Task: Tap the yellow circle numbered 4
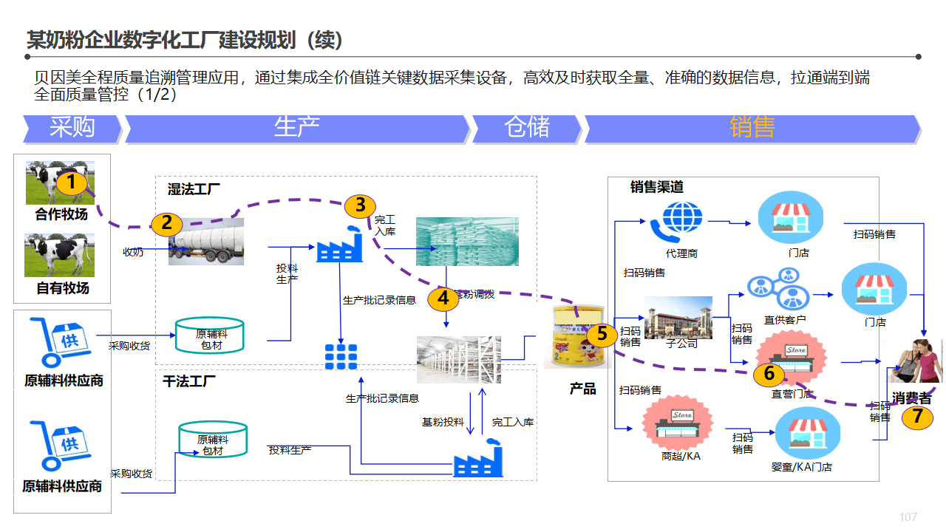tap(443, 299)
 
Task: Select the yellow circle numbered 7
tap(917, 417)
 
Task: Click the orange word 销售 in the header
tap(752, 127)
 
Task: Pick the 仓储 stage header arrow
tap(527, 128)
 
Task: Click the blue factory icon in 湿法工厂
tap(339, 244)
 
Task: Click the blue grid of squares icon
tap(341, 357)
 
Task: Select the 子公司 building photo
tap(678, 317)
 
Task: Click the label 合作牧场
tap(61, 215)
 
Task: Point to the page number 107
tap(908, 516)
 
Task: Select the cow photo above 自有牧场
tap(60, 255)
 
